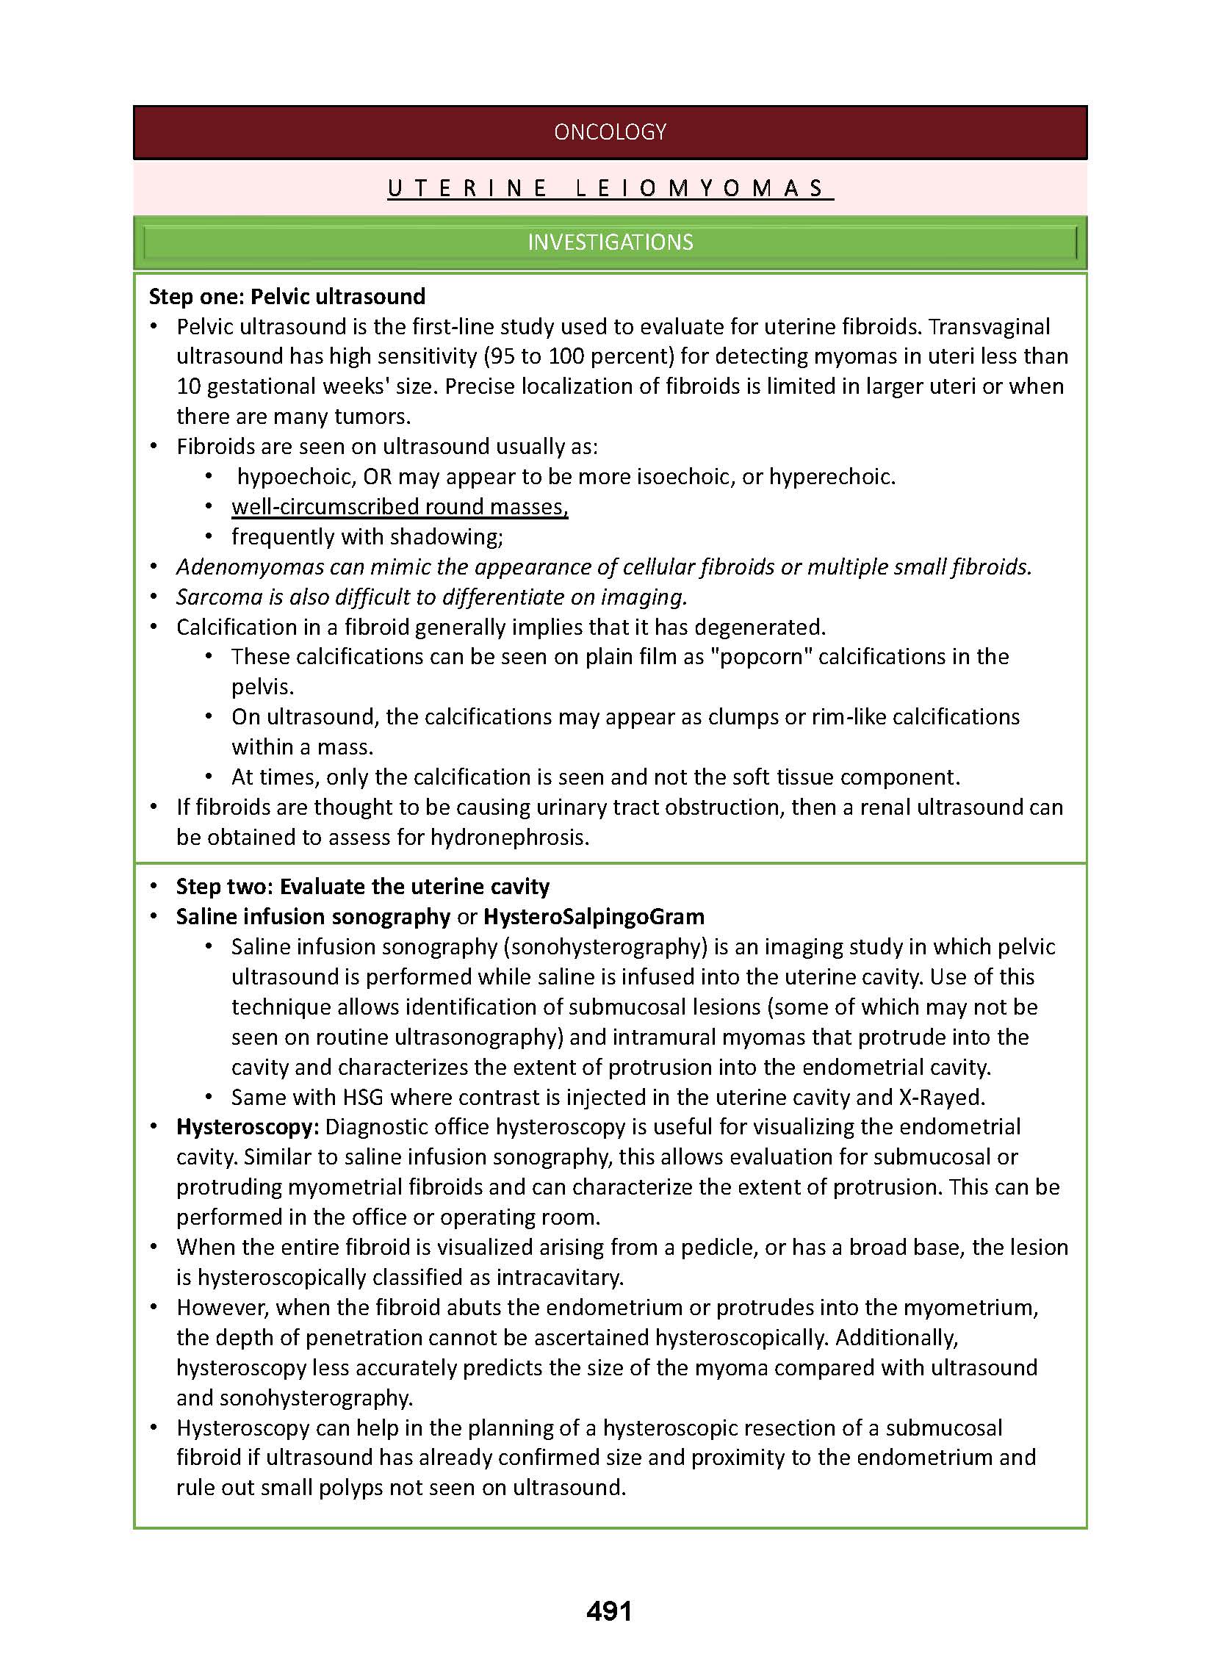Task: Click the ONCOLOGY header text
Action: [610, 132]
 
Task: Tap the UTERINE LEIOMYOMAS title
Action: [610, 188]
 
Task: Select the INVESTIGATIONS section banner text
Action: [610, 242]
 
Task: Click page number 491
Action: [609, 1611]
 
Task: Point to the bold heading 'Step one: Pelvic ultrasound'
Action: [287, 297]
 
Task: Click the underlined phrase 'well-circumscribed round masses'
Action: [399, 507]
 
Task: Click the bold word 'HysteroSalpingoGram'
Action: [594, 917]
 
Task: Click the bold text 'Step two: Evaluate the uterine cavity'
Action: [362, 887]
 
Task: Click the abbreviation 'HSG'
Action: [363, 1098]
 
